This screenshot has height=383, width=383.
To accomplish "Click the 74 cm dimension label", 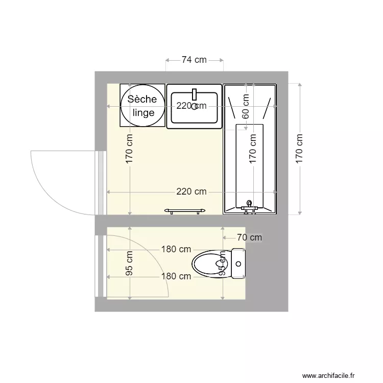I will coord(194,60).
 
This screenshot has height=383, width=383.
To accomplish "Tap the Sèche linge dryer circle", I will coord(143,106).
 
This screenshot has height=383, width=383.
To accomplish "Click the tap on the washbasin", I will coord(194,94).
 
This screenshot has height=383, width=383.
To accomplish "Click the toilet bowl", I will coord(209,264).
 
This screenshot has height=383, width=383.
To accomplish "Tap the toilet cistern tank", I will coord(238,264).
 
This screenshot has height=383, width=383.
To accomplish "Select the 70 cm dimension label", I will coord(249,237).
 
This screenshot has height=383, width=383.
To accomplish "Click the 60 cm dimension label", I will coord(246,106).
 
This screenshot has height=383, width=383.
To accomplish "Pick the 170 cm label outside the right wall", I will coord(299,148).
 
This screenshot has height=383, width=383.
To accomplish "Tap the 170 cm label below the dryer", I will coord(130,148).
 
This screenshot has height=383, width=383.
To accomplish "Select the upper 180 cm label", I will coord(176,249).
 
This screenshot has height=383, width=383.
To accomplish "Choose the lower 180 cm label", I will coord(176,276).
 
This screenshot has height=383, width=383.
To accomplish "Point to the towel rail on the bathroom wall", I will coord(185,210).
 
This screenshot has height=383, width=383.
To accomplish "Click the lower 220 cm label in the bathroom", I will coord(192,192).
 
